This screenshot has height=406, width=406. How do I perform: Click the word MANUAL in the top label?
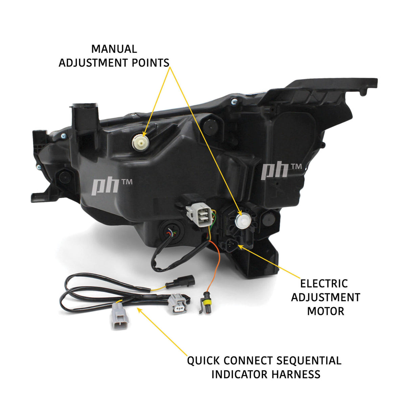click(x=114, y=49)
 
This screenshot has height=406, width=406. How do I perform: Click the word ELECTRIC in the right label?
click(x=324, y=284)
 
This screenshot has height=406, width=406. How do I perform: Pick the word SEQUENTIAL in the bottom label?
click(x=309, y=361)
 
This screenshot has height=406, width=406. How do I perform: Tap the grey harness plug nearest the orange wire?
click(x=177, y=303)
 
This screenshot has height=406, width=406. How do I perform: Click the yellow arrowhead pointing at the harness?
click(x=139, y=310)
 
